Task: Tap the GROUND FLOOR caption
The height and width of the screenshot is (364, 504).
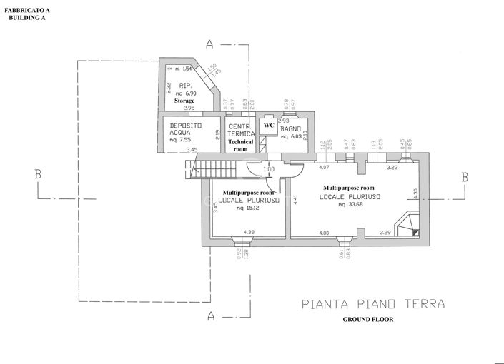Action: pos(367,320)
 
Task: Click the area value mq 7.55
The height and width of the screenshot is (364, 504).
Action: pos(182,141)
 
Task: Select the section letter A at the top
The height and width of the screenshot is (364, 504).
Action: pos(209,44)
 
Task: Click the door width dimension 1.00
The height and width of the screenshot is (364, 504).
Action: pos(268,169)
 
